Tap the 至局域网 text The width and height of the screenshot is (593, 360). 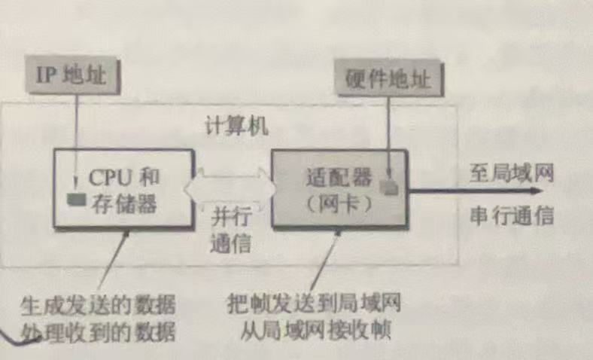[511, 174]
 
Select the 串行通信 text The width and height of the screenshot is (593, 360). [511, 216]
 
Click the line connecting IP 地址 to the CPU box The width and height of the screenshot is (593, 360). [75, 143]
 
